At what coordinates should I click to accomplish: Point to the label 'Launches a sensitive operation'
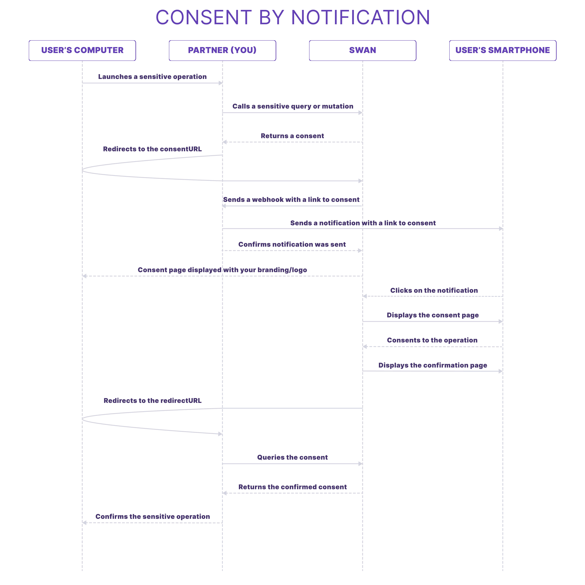pyautogui.click(x=152, y=77)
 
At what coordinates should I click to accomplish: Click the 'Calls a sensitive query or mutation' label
pyautogui.click(x=293, y=106)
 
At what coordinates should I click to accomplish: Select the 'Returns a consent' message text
pyautogui.click(x=292, y=136)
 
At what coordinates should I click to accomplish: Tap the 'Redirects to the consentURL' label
pyautogui.click(x=152, y=149)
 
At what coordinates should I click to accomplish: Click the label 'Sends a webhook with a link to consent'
pyautogui.click(x=291, y=200)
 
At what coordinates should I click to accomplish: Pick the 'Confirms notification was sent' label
pyautogui.click(x=292, y=244)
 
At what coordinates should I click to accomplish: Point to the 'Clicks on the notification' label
pyautogui.click(x=434, y=290)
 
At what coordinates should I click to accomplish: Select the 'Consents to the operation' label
pyautogui.click(x=432, y=340)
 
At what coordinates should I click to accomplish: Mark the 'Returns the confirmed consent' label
pyautogui.click(x=292, y=487)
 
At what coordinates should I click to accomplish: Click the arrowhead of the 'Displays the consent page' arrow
pyautogui.click(x=501, y=321)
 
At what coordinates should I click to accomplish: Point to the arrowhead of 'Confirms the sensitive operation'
pyautogui.click(x=84, y=523)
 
